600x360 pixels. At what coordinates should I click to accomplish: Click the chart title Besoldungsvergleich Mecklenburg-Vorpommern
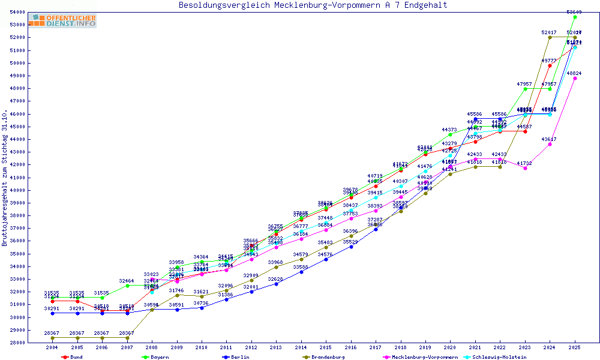tap(313, 5)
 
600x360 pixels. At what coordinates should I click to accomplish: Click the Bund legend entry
tap(76, 357)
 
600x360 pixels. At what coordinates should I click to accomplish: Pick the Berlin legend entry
tap(239, 357)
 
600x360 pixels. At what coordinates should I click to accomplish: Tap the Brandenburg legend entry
tap(328, 357)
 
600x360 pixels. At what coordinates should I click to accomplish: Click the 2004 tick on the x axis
tap(53, 348)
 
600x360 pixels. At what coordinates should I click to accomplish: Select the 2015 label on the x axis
tap(326, 348)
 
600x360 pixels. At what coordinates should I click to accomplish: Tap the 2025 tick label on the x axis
tap(575, 348)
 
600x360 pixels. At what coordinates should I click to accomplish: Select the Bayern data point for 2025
tap(575, 17)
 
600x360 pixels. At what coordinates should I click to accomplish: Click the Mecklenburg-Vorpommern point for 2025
tap(575, 78)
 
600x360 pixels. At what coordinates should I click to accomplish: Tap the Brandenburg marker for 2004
tap(53, 338)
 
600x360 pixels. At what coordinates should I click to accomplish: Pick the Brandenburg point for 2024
tap(550, 37)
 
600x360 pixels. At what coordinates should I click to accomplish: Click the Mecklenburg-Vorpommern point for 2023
tap(525, 168)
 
